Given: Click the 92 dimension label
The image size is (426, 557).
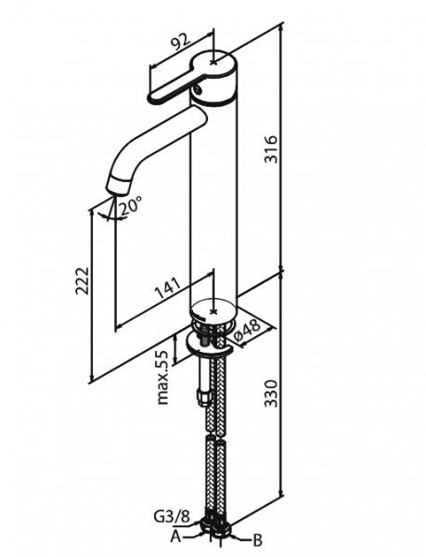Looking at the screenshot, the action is pos(181,41).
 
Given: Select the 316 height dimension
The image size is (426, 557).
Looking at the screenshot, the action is pos(271,149).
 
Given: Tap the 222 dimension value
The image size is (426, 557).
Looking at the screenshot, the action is pos(82,280).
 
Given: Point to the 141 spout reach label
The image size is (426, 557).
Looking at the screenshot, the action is pos(168,287).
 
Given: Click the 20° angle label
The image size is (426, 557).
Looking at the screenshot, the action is pos(131,207).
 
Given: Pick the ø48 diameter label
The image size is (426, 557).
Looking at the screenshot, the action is pos(248,331).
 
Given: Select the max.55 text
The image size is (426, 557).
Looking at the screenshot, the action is pos(162,377).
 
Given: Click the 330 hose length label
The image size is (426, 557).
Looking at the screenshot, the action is pos(271,394).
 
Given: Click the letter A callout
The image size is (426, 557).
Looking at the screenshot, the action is pos(175,537).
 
